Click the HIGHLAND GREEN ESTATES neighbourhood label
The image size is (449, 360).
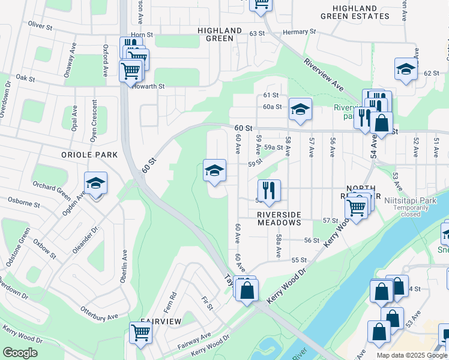pyautogui.click(x=366, y=11)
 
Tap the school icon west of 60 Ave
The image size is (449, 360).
pyautogui.click(x=214, y=170)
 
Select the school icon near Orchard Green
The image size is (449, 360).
pyautogui.click(x=95, y=184)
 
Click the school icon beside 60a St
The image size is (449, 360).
pyautogui.click(x=300, y=109)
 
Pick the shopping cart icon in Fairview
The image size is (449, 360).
pyautogui.click(x=140, y=331)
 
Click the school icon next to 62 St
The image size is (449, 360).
pyautogui.click(x=406, y=69)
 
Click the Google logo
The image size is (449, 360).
pyautogui.click(x=20, y=352)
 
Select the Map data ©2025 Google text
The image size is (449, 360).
pyautogui.click(x=411, y=355)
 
